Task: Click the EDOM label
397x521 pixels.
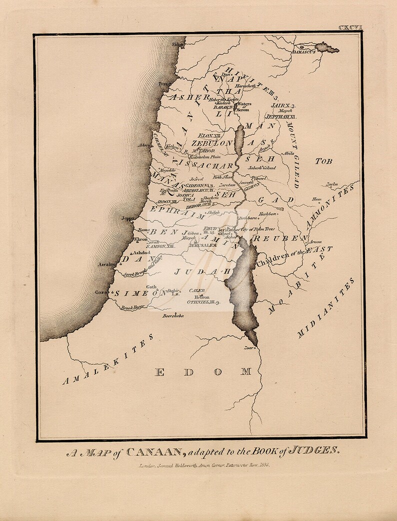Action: coord(203,371)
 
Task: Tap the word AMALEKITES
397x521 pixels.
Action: coord(108,360)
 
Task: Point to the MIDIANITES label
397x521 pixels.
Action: coord(326,307)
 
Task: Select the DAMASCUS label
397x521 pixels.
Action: coord(303,51)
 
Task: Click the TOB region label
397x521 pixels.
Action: coord(323,161)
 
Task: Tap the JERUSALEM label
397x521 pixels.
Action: coord(202,245)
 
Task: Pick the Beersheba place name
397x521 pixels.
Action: coord(173,316)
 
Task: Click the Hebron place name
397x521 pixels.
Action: coord(201,297)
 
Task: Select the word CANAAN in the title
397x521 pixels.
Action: coord(154,452)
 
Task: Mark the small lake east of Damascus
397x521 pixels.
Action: coord(327,48)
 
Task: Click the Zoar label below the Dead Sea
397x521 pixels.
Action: coord(247,347)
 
